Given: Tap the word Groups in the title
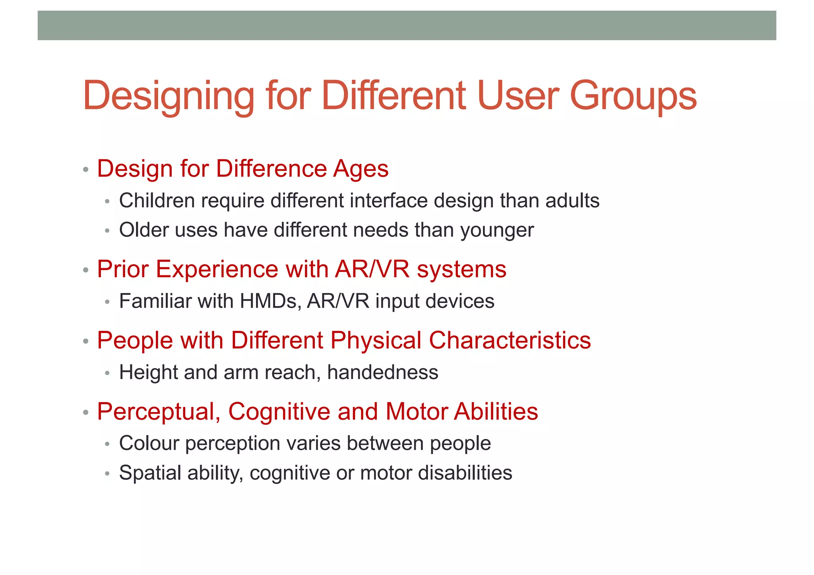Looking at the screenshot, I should pos(633,97).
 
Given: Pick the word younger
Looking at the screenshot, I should pos(497,230).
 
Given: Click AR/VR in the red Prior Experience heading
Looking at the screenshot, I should pos(372,269).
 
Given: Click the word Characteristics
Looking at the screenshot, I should pos(510,341).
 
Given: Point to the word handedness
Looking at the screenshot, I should pos(382,372).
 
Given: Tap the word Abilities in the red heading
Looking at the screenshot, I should pos(496,411).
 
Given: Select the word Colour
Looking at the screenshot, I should pos(149,443).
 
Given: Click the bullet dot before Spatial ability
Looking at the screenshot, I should pos(107,474).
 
